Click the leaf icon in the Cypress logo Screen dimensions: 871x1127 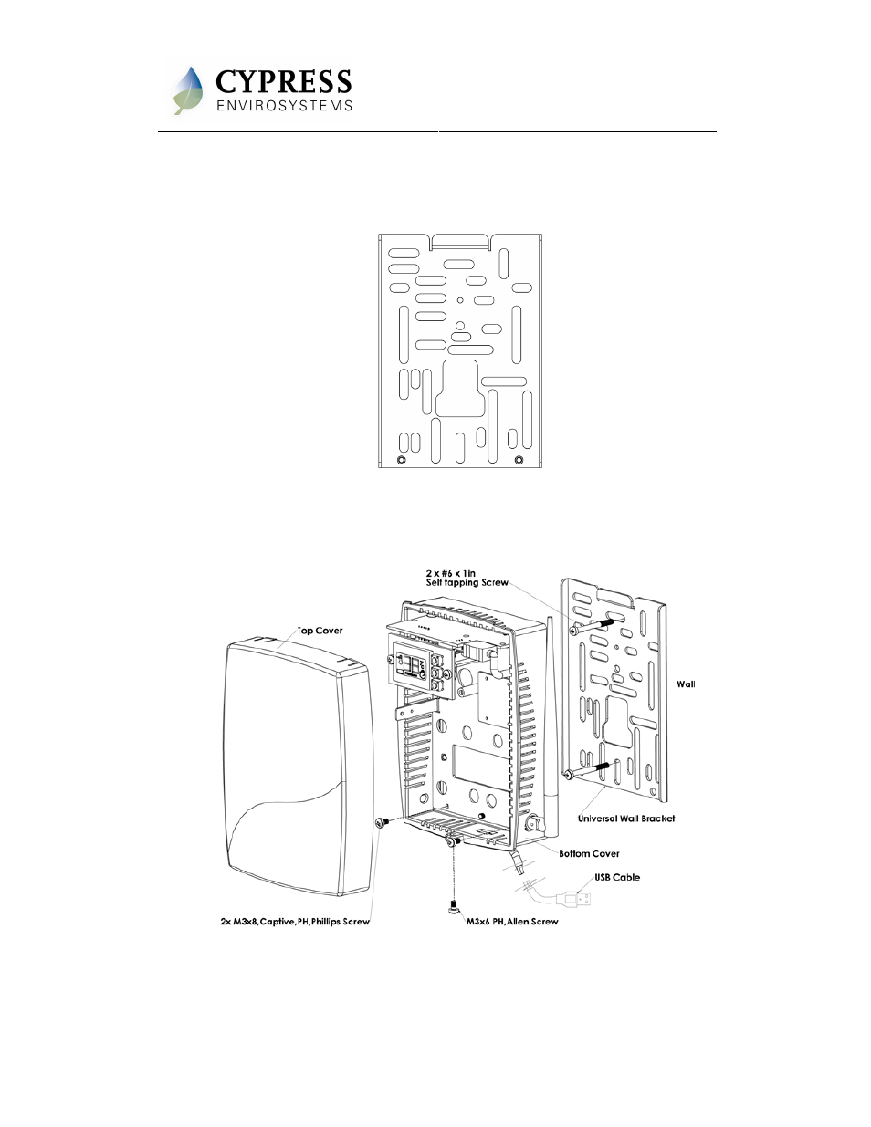(187, 90)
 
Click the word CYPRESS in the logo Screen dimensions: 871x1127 (283, 81)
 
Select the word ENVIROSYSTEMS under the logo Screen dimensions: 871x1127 (284, 106)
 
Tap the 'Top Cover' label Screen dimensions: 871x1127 (320, 631)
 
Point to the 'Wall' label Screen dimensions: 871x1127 (686, 684)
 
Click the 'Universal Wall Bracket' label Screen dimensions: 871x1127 (626, 819)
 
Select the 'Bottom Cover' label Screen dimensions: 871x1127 (589, 853)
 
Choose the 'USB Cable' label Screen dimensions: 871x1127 (617, 877)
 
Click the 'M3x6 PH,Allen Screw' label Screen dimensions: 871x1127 (512, 922)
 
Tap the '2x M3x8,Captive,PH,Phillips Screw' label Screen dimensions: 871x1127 (295, 922)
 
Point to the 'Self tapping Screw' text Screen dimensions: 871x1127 (467, 582)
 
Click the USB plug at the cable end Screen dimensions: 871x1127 (574, 898)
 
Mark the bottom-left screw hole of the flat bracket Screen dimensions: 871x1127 (401, 460)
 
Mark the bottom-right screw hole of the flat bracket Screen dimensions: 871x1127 (519, 460)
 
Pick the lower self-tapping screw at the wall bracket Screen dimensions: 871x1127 (587, 770)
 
